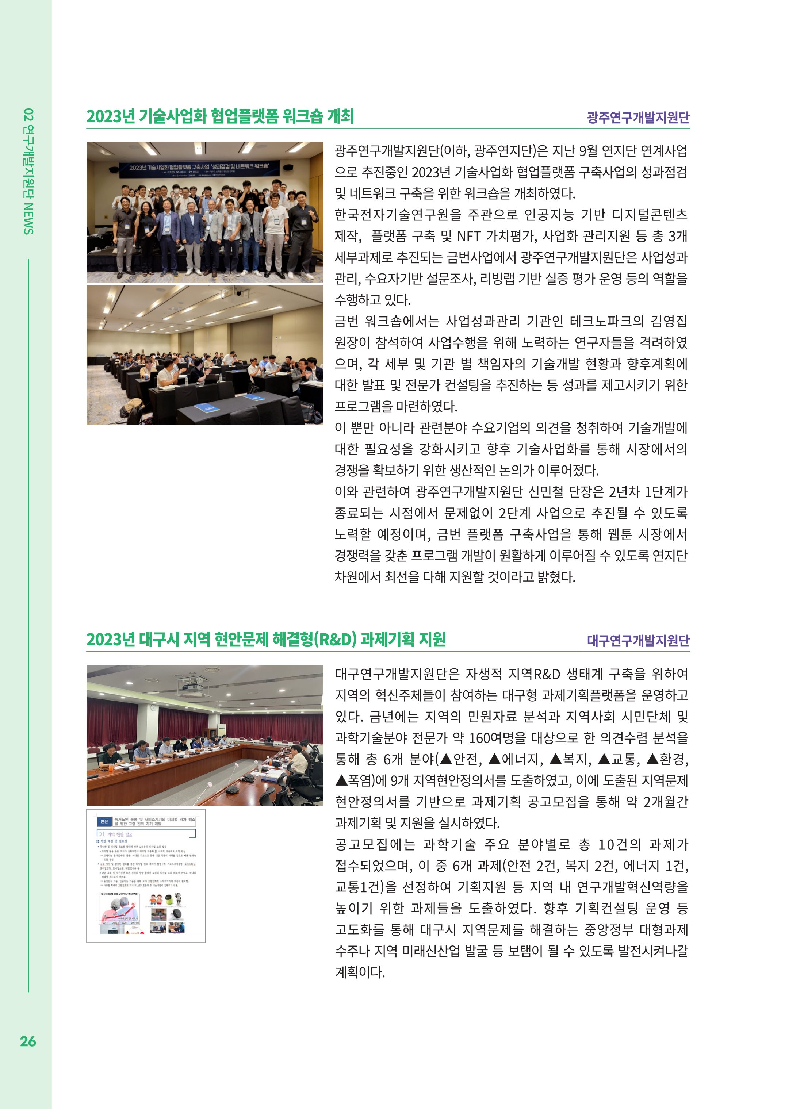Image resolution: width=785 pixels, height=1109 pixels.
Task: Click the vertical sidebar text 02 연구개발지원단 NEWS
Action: [28, 171]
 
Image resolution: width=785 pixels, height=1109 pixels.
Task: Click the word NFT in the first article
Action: [469, 236]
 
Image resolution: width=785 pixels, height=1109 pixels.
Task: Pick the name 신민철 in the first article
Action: [546, 492]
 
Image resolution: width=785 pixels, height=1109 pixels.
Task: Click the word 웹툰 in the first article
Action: [620, 534]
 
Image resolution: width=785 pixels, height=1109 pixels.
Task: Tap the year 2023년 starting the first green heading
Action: [111, 116]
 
